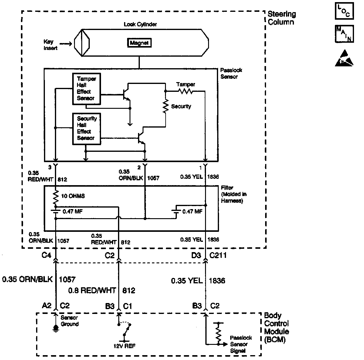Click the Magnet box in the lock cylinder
(x=139, y=43)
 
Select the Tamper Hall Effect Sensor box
(x=86, y=89)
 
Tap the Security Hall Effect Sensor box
(x=86, y=128)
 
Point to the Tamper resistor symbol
(x=185, y=91)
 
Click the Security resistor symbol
(x=166, y=106)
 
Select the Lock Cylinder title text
(x=140, y=25)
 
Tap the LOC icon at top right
(x=344, y=11)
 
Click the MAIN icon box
(x=344, y=34)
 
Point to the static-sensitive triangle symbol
(x=344, y=58)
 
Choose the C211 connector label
(x=218, y=255)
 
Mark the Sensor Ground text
(x=69, y=321)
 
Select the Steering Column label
(x=281, y=18)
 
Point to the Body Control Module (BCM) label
(x=276, y=328)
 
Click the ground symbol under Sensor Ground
(x=56, y=328)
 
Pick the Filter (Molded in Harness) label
(x=232, y=194)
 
